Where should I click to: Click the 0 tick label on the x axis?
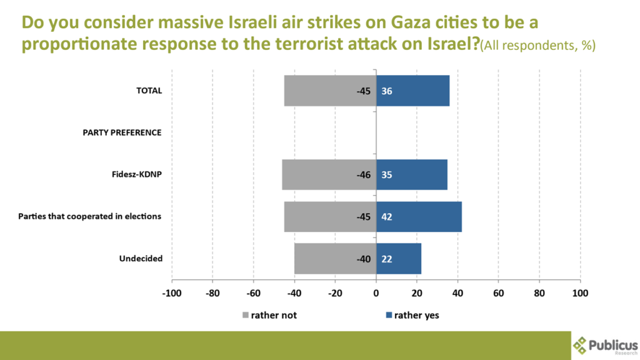click(376, 292)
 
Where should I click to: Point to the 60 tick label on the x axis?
click(499, 292)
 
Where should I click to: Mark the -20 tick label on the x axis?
click(335, 292)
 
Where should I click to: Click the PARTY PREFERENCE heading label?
click(122, 132)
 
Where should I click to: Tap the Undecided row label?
click(141, 258)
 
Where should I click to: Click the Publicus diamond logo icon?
click(581, 344)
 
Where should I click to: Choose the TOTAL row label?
click(149, 91)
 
